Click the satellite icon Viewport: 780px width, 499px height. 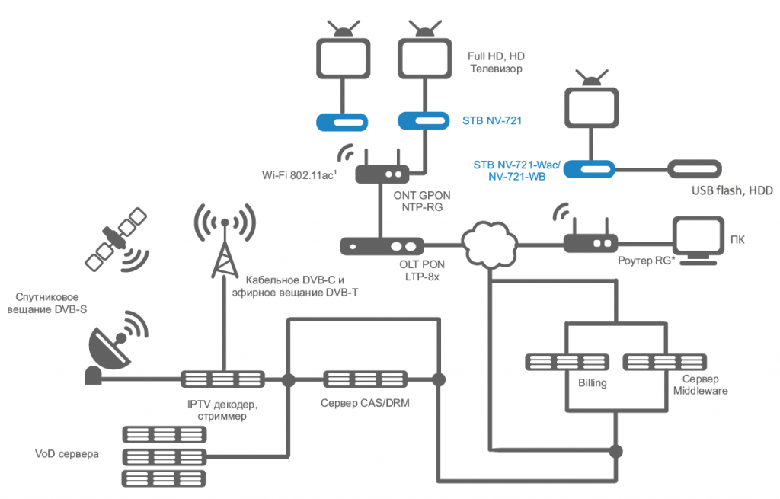pos(117,238)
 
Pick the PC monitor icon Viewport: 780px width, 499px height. pos(698,240)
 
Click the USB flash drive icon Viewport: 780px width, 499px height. pos(695,169)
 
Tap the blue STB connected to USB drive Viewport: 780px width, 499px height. pos(589,169)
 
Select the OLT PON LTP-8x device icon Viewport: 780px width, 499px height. pos(382,246)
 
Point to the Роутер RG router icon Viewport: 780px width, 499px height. pos(590,238)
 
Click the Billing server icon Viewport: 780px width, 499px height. pos(567,362)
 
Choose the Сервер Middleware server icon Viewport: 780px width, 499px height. pos(664,362)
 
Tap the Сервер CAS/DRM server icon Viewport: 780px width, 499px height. pos(365,379)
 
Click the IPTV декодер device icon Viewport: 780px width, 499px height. pos(222,379)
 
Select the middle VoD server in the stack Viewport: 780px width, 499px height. pos(165,456)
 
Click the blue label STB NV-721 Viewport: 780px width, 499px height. pos(492,120)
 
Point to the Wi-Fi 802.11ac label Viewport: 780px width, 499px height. pos(299,175)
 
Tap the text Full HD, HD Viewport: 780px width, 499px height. pos(496,56)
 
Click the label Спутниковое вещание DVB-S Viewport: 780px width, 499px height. pos(46,303)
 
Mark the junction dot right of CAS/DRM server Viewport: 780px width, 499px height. pos(438,379)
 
